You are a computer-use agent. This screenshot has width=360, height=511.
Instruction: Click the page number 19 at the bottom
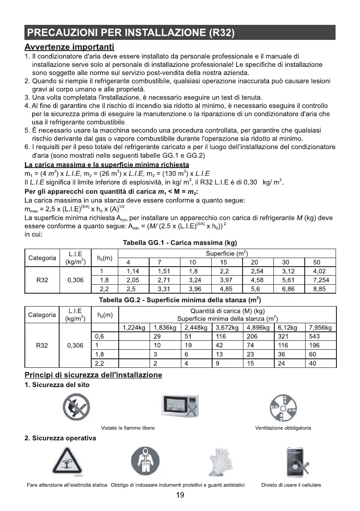pos(180,496)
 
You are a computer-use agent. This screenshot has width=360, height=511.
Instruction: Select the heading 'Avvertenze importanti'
pos(69,46)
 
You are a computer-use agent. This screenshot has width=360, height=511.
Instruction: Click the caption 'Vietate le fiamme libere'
pos(128,428)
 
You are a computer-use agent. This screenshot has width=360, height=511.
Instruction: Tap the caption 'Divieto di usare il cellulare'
pos(291,485)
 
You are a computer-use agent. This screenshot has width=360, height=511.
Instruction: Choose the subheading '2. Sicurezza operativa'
pos(60,438)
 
